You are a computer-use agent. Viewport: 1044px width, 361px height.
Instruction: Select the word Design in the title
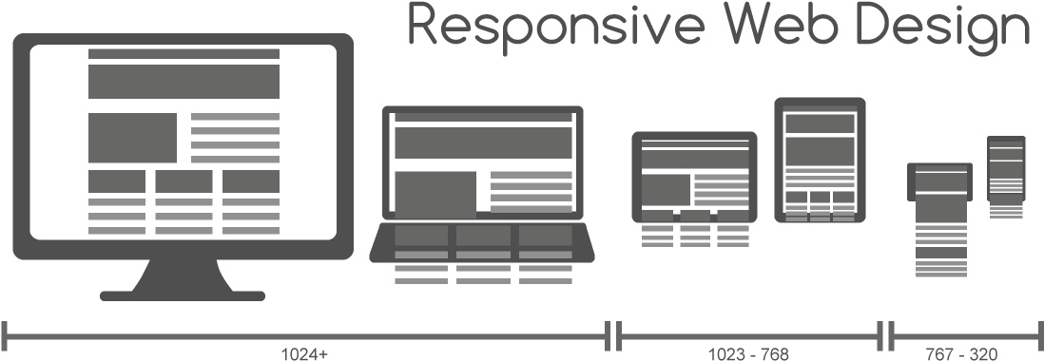(x=941, y=26)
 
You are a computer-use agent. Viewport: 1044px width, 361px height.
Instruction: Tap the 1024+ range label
(x=304, y=354)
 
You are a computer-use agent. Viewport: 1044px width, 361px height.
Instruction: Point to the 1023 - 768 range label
(x=750, y=354)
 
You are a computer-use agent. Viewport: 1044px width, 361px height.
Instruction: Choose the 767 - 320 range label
(x=966, y=354)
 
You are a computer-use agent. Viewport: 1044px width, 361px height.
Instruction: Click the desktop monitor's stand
(x=182, y=281)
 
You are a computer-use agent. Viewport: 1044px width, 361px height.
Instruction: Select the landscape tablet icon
(x=694, y=177)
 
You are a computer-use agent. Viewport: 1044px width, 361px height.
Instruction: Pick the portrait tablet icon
(x=820, y=159)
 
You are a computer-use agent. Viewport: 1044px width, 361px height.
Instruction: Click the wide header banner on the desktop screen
(x=184, y=81)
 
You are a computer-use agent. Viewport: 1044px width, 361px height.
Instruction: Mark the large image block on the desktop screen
(x=133, y=138)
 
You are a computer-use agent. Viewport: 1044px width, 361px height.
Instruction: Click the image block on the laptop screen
(x=435, y=194)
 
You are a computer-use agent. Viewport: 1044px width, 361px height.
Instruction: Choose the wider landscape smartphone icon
(x=938, y=183)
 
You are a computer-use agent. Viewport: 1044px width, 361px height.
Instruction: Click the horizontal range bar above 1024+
(x=304, y=334)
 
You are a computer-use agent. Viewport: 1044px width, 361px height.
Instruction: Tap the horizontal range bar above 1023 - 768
(x=750, y=334)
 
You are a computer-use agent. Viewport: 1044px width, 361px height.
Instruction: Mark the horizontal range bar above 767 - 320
(x=966, y=334)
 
